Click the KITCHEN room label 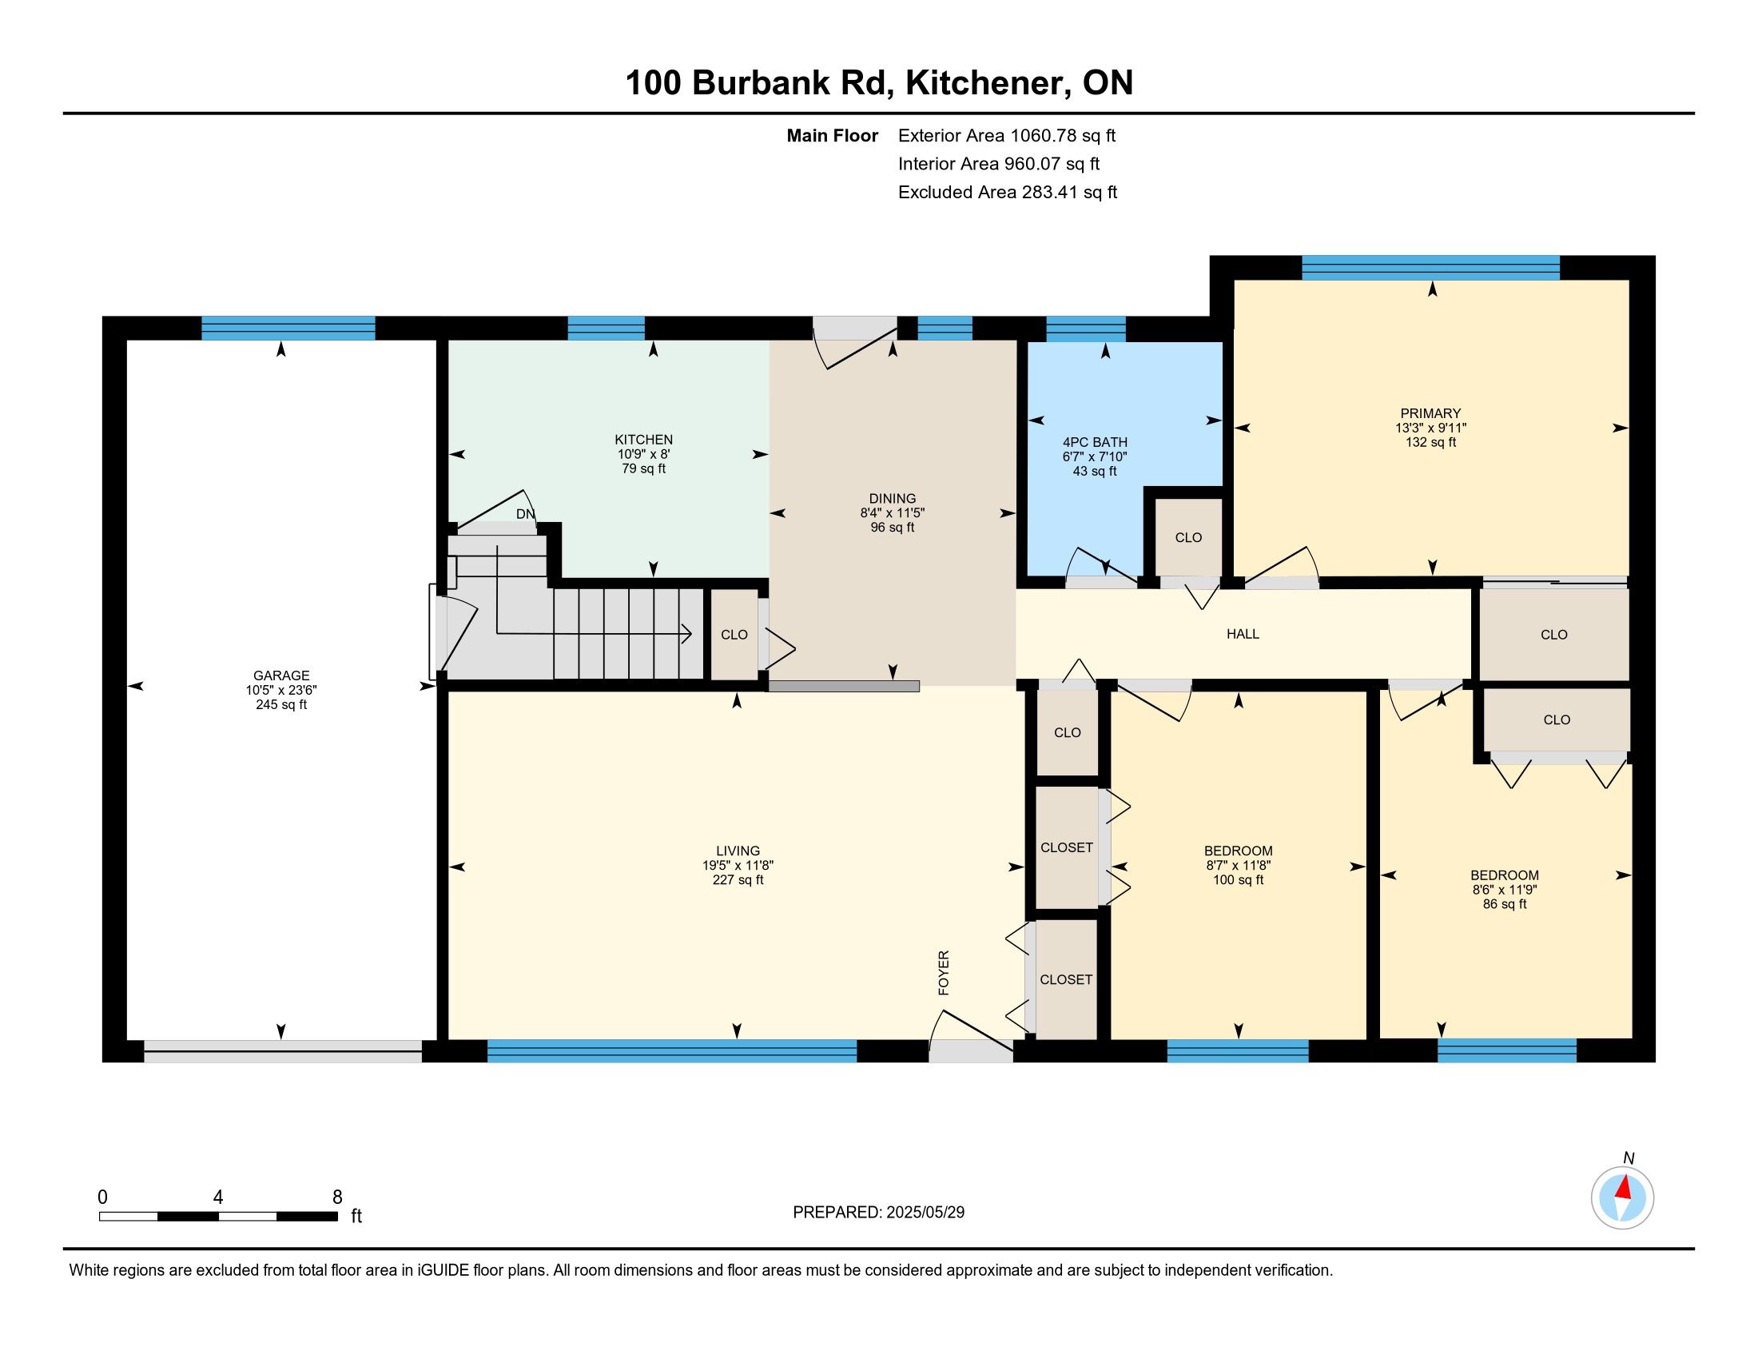643,440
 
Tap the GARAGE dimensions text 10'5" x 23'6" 281,690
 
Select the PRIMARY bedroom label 1430,414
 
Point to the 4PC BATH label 1095,442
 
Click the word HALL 1243,635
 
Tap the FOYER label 945,973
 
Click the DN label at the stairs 525,515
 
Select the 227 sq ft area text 738,880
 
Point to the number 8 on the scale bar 337,1198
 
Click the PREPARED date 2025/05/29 925,1213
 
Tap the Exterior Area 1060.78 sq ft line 1007,135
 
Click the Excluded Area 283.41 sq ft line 1008,193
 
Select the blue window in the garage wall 288,329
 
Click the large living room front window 672,1051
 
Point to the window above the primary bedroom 1431,267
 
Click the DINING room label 893,498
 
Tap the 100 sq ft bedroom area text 1238,880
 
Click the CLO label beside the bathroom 1188,538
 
